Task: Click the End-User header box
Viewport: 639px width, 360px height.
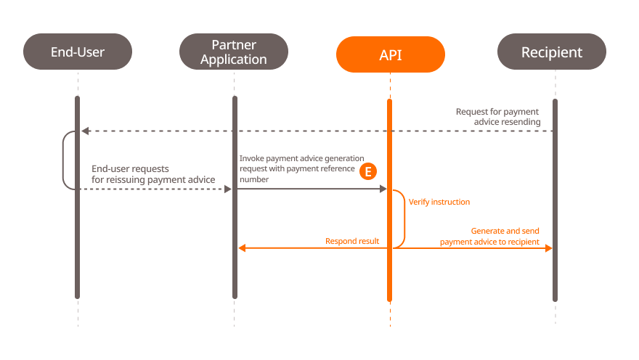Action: tap(78, 52)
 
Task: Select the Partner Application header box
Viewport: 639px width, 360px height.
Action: tap(234, 52)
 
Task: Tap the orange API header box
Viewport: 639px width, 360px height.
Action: tap(390, 54)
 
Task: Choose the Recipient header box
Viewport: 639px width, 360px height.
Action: tap(552, 52)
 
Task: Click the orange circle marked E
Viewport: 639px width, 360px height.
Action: tap(368, 171)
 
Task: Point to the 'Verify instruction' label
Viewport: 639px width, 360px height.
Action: tap(439, 202)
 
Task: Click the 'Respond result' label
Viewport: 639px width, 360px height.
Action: tap(352, 241)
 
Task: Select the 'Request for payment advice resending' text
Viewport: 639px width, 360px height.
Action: tap(498, 117)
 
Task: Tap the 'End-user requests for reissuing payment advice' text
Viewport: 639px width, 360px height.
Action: tap(153, 174)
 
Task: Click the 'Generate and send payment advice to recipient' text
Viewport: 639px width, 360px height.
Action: tap(490, 237)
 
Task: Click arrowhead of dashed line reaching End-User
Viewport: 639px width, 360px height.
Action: tap(85, 131)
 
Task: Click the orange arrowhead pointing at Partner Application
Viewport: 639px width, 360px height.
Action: tap(243, 248)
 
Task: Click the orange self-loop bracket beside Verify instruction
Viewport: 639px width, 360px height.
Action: tap(403, 218)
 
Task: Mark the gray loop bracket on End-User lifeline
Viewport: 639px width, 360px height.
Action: tap(64, 160)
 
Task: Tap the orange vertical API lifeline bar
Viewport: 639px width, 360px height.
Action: tap(390, 276)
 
